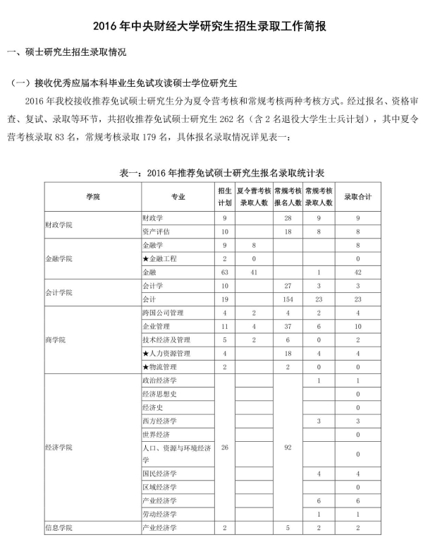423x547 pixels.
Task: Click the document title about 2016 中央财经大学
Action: [211, 28]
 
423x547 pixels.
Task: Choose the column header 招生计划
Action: [224, 197]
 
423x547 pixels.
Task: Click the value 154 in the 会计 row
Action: [287, 299]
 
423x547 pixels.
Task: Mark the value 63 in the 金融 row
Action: [224, 272]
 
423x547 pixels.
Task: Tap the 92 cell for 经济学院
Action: [287, 448]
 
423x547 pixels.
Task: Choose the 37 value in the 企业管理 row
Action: [287, 326]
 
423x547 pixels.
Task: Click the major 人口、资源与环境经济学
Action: [176, 454]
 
